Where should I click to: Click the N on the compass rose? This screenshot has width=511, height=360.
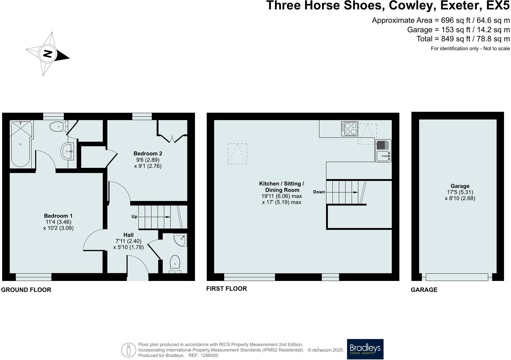(47, 54)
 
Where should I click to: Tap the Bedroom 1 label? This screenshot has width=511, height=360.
(58, 216)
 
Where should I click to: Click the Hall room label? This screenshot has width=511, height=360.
(128, 235)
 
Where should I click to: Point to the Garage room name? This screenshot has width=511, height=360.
(460, 186)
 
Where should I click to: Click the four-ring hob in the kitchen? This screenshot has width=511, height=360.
(349, 129)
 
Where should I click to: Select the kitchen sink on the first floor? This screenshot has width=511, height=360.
(383, 156)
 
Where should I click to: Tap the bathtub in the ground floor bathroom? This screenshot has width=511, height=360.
(21, 144)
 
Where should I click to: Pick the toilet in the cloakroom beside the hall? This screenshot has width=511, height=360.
(175, 264)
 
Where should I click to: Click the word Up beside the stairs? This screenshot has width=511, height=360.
(134, 217)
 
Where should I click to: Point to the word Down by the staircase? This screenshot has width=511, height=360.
(319, 192)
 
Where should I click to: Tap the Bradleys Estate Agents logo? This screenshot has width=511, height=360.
(365, 349)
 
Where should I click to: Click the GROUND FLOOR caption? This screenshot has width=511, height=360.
(26, 290)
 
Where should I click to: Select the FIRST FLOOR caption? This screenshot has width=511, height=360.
(227, 289)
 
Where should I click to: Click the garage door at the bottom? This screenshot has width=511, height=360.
(457, 277)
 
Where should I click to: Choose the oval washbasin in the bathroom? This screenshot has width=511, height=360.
(67, 151)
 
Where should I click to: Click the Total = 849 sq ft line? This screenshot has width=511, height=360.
(463, 39)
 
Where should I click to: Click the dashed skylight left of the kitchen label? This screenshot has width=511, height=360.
(237, 154)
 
